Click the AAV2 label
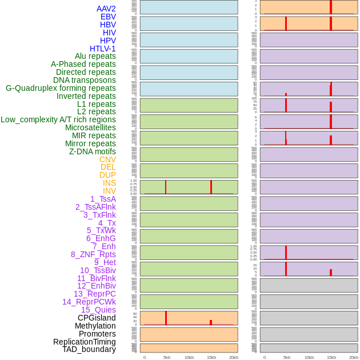[x=106, y=9]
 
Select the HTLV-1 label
[x=102, y=49]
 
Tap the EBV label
[x=108, y=17]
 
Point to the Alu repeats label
[x=95, y=56]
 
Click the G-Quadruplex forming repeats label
[x=61, y=88]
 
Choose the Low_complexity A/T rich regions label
[x=58, y=119]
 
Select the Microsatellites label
[x=90, y=127]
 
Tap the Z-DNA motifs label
[x=93, y=151]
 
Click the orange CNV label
[x=107, y=159]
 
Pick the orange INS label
[x=109, y=183]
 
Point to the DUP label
[x=107, y=175]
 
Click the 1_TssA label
[x=103, y=199]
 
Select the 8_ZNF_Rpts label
[x=93, y=254]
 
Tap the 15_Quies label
[x=98, y=310]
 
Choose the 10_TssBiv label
[x=98, y=270]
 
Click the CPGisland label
[x=97, y=318]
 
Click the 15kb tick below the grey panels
[x=331, y=357]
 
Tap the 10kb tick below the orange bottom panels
[x=189, y=357]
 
